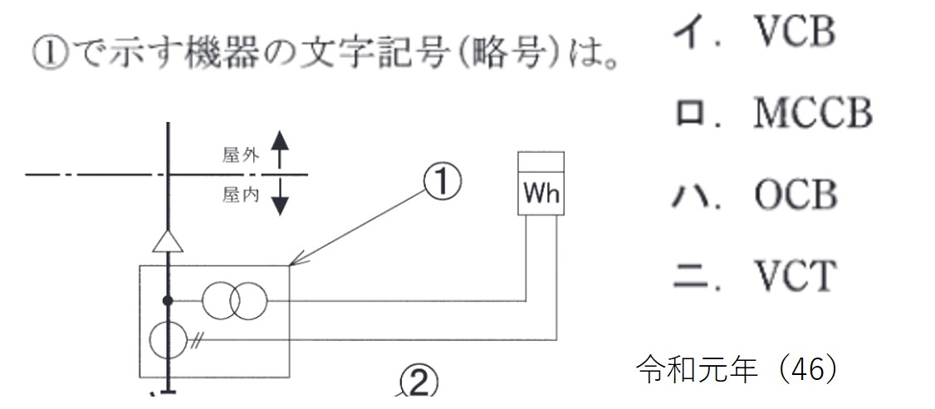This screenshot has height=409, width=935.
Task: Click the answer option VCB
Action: tap(792, 32)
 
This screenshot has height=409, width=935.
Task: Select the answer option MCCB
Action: tap(812, 114)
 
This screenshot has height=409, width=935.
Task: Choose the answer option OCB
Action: tap(795, 195)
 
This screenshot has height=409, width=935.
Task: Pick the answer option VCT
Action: tap(794, 275)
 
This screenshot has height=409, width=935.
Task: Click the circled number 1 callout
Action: tap(441, 182)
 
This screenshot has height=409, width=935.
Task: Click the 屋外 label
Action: tap(241, 155)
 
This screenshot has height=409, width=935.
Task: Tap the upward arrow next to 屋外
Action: tap(280, 150)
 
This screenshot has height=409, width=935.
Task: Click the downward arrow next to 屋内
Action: tap(280, 197)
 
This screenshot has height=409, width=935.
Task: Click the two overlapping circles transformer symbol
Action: tap(235, 300)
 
